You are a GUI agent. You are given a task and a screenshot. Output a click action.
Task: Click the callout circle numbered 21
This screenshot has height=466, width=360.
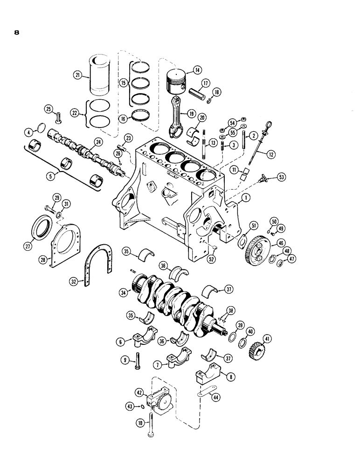pyautogui.click(x=77, y=75)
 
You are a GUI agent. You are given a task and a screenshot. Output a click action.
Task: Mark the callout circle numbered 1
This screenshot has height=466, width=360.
pyautogui.click(x=246, y=199)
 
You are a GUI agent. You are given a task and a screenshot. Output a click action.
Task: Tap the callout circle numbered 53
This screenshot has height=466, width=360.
pyautogui.click(x=282, y=178)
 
